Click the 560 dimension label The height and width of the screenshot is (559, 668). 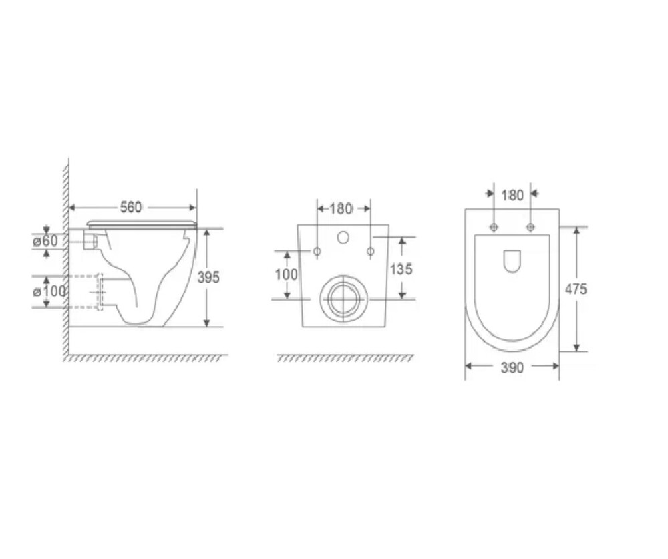[130, 208]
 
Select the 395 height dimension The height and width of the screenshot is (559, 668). [208, 277]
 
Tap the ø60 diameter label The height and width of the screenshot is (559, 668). [45, 241]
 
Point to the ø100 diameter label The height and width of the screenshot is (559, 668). [49, 291]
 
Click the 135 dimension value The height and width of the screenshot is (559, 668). [401, 269]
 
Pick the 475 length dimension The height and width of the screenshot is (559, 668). [576, 289]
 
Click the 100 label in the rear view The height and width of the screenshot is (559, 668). [287, 274]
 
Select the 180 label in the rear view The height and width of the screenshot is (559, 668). [341, 209]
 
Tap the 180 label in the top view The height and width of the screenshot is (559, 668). [512, 196]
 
